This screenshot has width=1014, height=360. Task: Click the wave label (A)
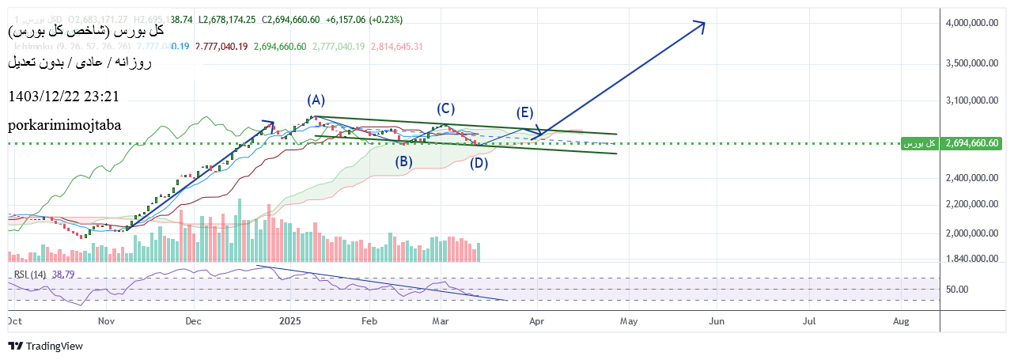coord(316,100)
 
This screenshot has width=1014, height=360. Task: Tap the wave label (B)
coord(403,162)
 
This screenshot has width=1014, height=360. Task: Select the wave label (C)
coord(445,108)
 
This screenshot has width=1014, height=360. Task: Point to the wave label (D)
coord(478,164)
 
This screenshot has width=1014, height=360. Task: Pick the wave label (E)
coord(524,112)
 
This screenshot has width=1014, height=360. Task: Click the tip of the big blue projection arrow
coord(704,22)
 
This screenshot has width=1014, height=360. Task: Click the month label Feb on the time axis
coord(369,321)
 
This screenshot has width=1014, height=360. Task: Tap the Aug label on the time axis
coord(900,321)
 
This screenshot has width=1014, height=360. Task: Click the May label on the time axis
coord(628,321)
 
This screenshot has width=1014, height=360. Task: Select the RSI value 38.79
coord(62,275)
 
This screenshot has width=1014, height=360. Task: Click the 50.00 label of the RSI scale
coord(957,289)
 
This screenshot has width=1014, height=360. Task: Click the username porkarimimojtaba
coord(64,126)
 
